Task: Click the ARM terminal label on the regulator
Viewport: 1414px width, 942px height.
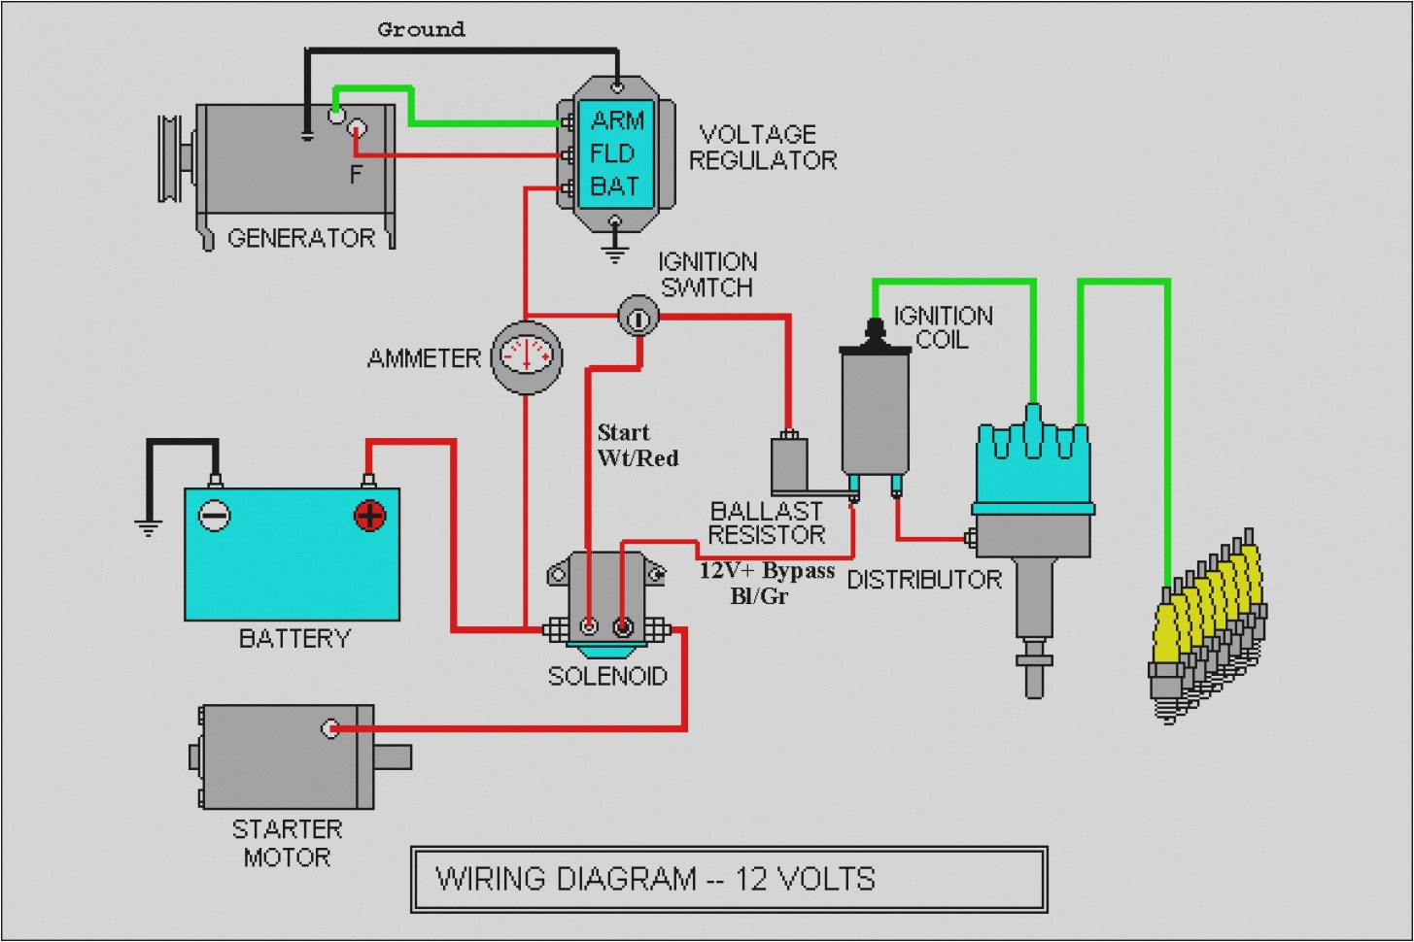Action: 617,120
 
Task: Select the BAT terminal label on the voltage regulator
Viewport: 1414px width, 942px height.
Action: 614,186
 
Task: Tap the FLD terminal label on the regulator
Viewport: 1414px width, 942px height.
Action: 612,153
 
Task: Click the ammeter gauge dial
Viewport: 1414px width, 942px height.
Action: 527,355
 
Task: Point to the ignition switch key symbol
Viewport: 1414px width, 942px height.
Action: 638,316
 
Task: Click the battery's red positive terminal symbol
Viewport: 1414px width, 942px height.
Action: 370,515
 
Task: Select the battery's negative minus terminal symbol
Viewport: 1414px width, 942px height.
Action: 215,515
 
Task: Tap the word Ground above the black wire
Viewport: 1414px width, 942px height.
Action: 421,30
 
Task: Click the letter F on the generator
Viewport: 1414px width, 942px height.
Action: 356,175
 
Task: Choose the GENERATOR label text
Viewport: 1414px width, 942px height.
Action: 301,238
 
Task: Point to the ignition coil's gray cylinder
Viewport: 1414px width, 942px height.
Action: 875,408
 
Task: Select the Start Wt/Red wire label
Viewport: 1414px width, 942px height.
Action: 638,445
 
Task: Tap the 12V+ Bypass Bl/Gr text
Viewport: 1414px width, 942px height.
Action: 767,583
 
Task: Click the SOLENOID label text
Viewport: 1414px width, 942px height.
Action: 607,676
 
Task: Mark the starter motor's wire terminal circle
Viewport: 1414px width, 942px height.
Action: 330,727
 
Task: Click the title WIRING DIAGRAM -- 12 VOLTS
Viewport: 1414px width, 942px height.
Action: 656,879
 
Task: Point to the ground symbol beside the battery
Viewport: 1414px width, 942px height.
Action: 148,527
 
